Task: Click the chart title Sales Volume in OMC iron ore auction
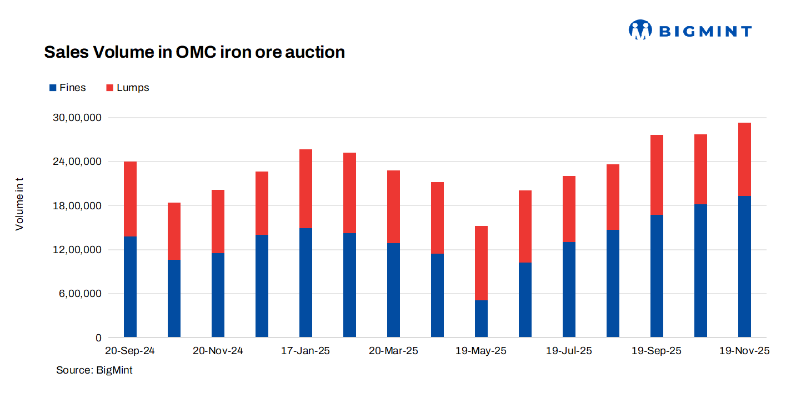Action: [194, 52]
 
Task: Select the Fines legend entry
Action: [67, 88]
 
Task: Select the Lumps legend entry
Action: [127, 88]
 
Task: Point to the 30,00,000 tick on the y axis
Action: [78, 118]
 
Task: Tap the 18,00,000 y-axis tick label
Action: [78, 206]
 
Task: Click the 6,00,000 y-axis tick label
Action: [81, 294]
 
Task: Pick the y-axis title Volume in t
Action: [19, 205]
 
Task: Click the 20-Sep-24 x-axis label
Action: [130, 351]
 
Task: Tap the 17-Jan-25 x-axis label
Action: [306, 351]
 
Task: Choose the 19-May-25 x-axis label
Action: [481, 351]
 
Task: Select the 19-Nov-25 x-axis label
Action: [744, 351]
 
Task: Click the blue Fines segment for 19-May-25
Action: [481, 319]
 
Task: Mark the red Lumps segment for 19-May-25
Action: [481, 263]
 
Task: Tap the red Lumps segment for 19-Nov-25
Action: [744, 159]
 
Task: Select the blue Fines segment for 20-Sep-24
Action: [130, 286]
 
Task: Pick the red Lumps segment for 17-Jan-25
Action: [306, 189]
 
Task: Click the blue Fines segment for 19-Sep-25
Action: [657, 276]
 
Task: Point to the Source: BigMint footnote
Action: [94, 370]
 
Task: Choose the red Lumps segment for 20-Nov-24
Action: [218, 221]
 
